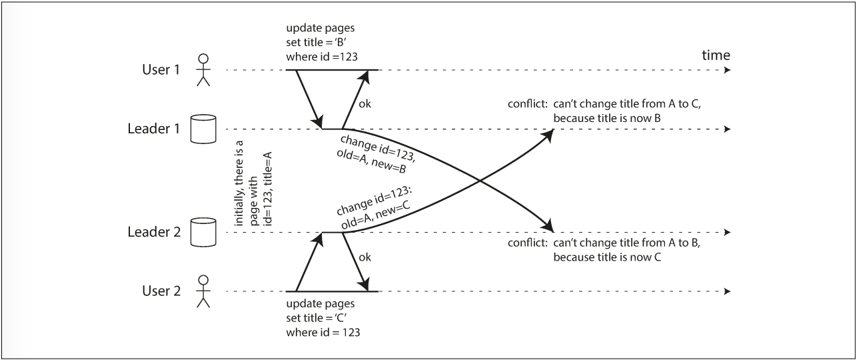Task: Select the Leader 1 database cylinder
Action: [204, 129]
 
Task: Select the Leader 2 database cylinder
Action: [204, 233]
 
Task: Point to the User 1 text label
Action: [161, 70]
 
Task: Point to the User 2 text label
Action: [161, 291]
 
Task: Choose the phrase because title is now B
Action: [610, 118]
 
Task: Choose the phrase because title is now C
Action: [610, 257]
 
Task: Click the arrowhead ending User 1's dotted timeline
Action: [728, 70]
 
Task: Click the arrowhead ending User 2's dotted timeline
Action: [728, 291]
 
